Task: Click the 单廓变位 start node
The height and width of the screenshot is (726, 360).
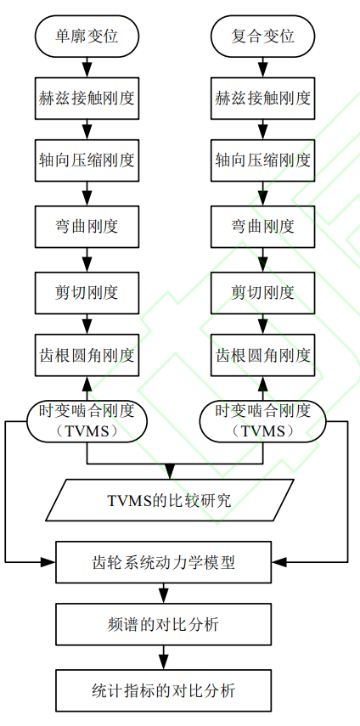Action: pyautogui.click(x=87, y=37)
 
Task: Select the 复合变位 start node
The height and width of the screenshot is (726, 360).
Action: pyautogui.click(x=263, y=37)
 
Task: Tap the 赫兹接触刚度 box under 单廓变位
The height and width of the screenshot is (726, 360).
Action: pyautogui.click(x=87, y=98)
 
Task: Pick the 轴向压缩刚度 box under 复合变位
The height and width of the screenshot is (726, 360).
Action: pyautogui.click(x=263, y=160)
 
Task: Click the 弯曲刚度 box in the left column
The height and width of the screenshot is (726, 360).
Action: pyautogui.click(x=87, y=227)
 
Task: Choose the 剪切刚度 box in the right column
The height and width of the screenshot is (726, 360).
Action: pyautogui.click(x=263, y=293)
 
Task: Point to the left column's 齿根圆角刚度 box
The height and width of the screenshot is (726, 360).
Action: pyautogui.click(x=87, y=356)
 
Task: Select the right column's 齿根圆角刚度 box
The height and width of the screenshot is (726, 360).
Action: pyautogui.click(x=263, y=356)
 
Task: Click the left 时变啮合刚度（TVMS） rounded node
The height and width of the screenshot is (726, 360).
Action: pyautogui.click(x=87, y=421)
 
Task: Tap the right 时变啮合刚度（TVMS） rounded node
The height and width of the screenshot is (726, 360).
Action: pyautogui.click(x=263, y=421)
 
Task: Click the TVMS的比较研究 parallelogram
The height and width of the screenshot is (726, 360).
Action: pyautogui.click(x=170, y=500)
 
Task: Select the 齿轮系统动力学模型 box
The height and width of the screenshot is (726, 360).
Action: pyautogui.click(x=163, y=562)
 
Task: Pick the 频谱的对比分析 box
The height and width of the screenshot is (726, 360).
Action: pyautogui.click(x=163, y=625)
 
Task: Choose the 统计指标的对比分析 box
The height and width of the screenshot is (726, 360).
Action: pyautogui.click(x=163, y=690)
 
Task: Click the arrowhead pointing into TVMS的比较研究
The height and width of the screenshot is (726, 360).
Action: pyautogui.click(x=170, y=472)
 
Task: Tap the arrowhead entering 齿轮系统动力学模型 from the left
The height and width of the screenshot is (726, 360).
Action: pyautogui.click(x=48, y=562)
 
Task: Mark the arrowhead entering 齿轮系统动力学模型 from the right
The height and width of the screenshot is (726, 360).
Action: pyautogui.click(x=279, y=562)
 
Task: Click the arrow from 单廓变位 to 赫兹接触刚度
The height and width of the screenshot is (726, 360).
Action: pyautogui.click(x=87, y=67)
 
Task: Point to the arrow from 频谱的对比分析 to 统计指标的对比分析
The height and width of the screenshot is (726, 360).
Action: pyautogui.click(x=163, y=657)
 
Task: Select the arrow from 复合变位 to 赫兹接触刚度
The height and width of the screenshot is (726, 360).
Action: pyautogui.click(x=263, y=67)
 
